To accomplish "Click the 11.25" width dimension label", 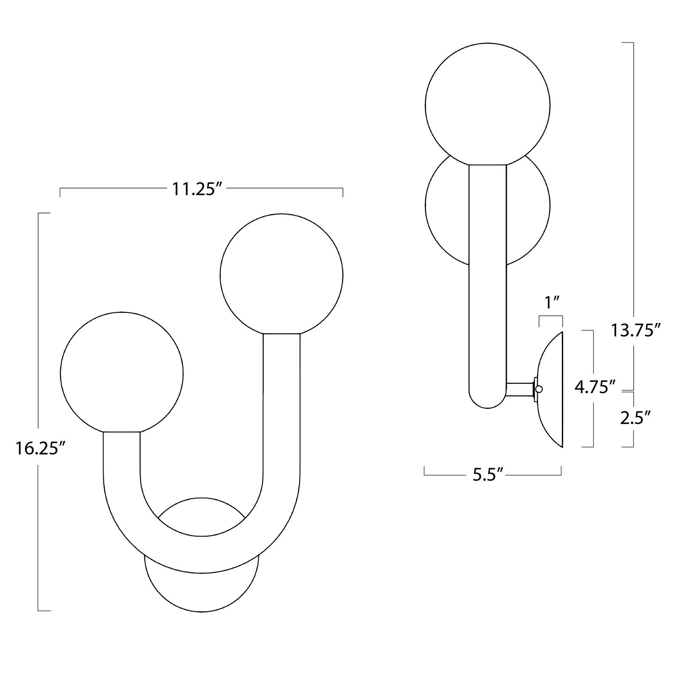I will (x=197, y=189).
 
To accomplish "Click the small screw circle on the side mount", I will (x=539, y=389).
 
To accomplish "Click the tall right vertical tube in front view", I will (x=281, y=403).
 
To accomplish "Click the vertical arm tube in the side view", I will (x=487, y=276).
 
